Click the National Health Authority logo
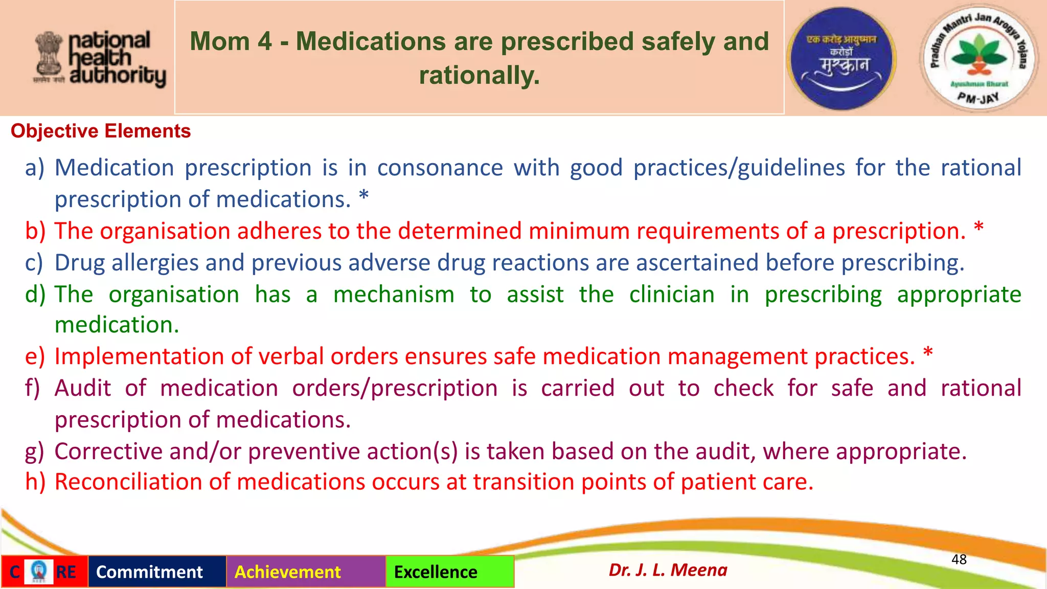click(100, 59)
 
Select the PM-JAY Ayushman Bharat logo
click(978, 58)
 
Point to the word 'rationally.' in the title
click(479, 75)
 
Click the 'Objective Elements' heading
click(101, 131)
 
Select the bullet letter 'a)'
click(35, 168)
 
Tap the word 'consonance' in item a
click(440, 168)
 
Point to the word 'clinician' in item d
click(672, 294)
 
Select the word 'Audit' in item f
click(83, 388)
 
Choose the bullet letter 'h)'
click(35, 482)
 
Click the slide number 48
click(959, 559)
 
